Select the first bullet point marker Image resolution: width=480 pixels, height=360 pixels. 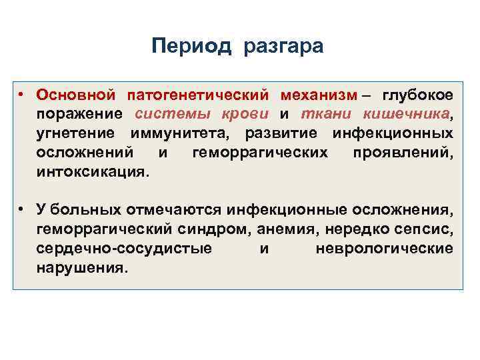[22, 94]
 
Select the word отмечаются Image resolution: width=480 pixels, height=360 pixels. [173, 211]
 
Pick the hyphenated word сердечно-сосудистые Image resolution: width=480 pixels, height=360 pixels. [125, 249]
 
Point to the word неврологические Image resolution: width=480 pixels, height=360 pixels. [383, 249]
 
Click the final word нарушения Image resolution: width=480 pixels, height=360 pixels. [81, 268]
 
